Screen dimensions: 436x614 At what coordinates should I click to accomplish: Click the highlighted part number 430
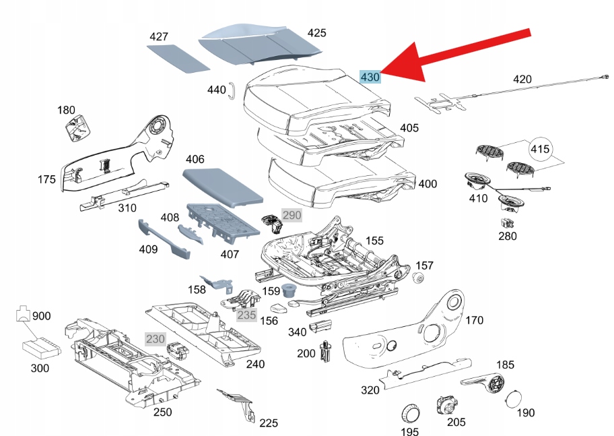(370, 77)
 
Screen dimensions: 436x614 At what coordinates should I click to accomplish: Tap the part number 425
(316, 33)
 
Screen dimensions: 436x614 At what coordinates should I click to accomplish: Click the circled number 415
(540, 148)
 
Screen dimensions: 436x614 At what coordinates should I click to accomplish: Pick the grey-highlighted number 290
(292, 216)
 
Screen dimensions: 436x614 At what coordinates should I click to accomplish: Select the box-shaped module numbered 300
(41, 349)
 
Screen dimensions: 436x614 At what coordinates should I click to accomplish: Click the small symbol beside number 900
(24, 314)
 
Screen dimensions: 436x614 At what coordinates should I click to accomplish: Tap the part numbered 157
(418, 279)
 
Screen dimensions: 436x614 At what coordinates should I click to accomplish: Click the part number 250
(162, 412)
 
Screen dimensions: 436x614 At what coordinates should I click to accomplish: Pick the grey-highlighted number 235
(246, 314)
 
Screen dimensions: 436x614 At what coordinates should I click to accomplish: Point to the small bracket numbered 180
(77, 128)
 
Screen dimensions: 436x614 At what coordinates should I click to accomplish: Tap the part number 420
(522, 79)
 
